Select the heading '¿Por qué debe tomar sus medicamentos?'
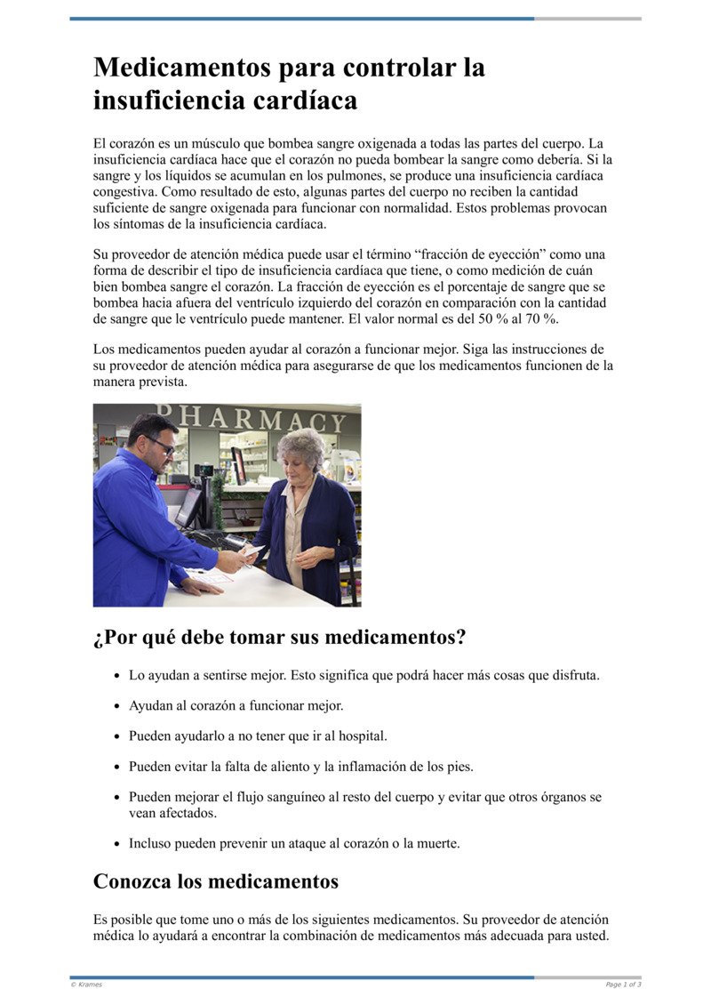(x=279, y=638)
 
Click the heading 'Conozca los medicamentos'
(x=216, y=881)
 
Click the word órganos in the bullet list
(x=555, y=797)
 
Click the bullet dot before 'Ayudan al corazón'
(x=116, y=706)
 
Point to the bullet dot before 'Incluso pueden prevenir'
(x=116, y=844)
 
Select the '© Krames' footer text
(x=87, y=985)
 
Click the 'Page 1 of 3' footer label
(x=623, y=985)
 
